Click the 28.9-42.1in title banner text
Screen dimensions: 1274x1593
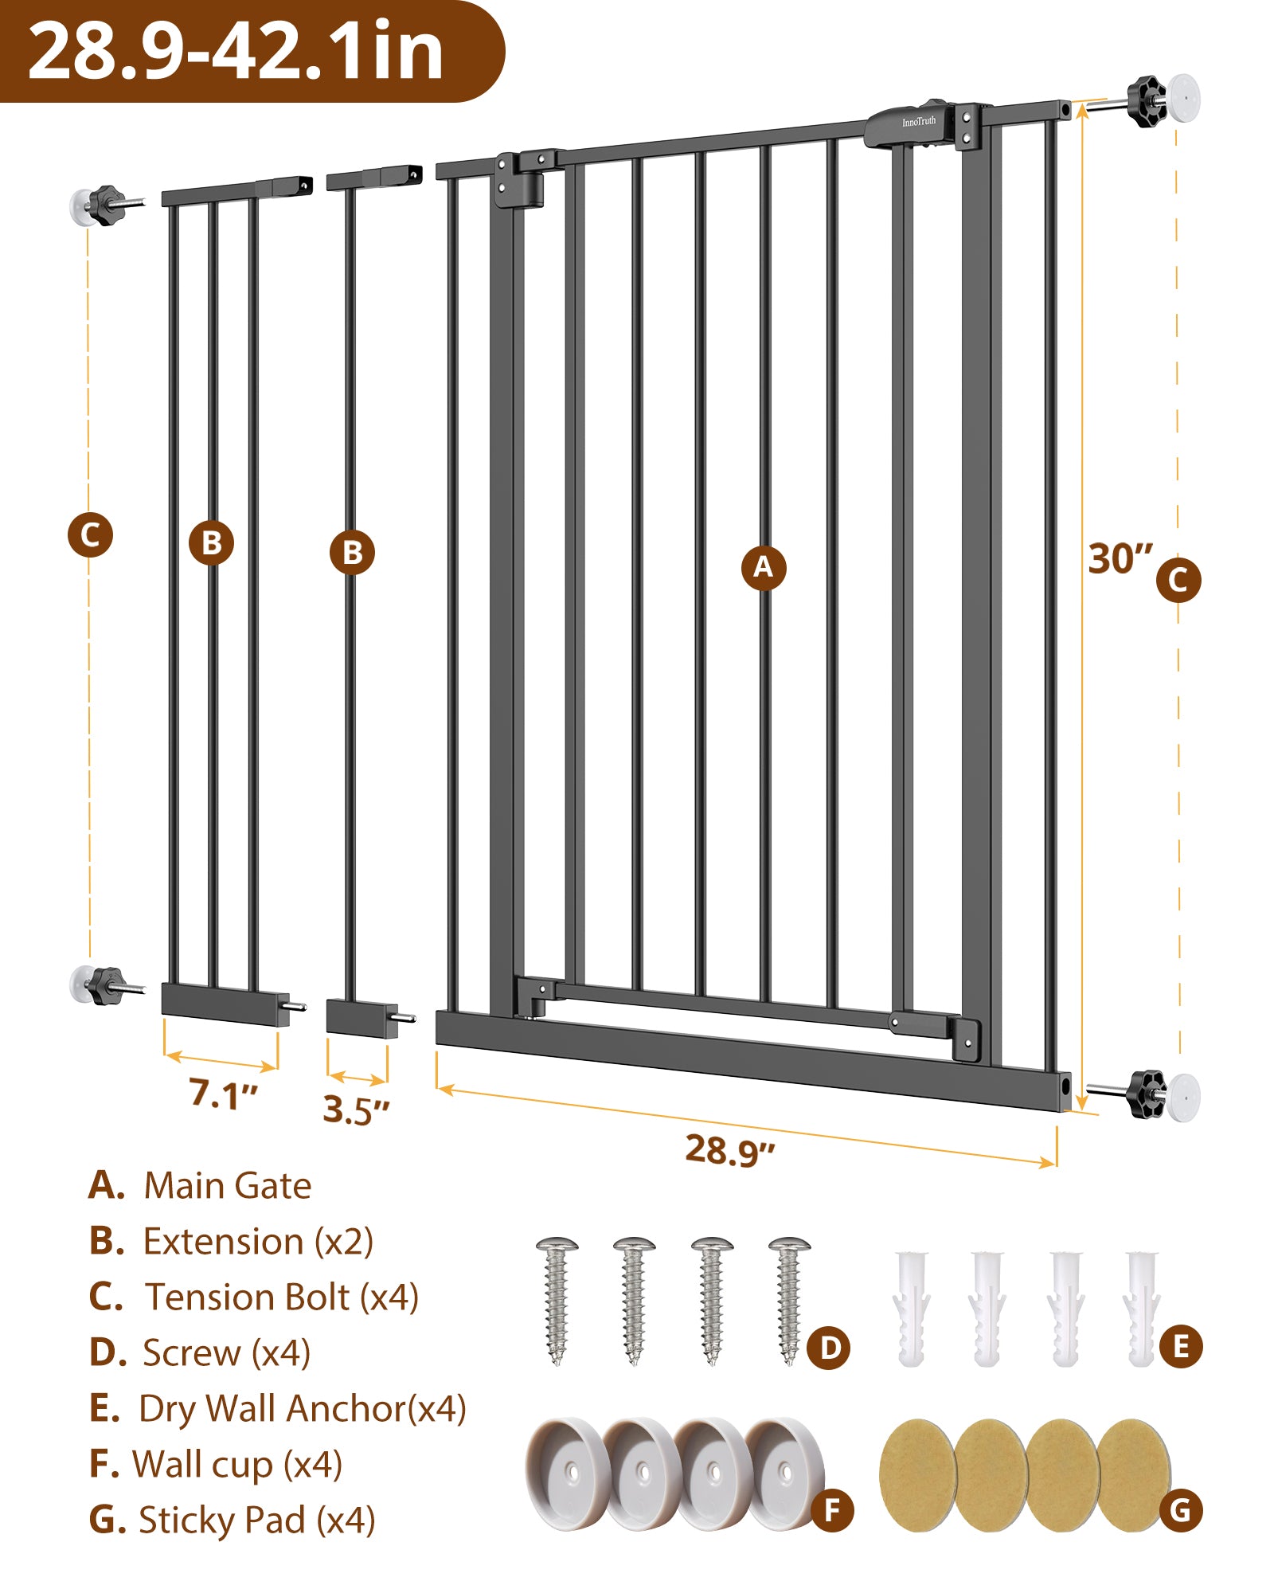[x=235, y=51]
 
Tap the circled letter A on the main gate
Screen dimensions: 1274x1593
[x=764, y=568]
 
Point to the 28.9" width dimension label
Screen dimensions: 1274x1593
[x=730, y=1150]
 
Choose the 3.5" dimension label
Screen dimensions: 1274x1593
[x=357, y=1110]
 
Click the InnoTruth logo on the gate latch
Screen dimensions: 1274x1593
[x=919, y=122]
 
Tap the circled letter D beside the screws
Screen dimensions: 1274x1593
[x=829, y=1348]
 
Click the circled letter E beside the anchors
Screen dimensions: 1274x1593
[x=1181, y=1347]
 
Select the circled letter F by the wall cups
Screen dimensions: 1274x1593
[x=832, y=1510]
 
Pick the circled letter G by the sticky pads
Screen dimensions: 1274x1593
[x=1180, y=1510]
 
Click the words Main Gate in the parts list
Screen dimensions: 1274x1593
[x=228, y=1186]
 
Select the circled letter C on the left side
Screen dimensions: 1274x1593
[x=90, y=534]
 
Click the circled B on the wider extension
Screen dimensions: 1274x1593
[x=211, y=543]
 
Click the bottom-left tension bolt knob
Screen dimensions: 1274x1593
[x=106, y=986]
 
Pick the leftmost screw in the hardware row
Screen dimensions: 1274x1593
[x=557, y=1300]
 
